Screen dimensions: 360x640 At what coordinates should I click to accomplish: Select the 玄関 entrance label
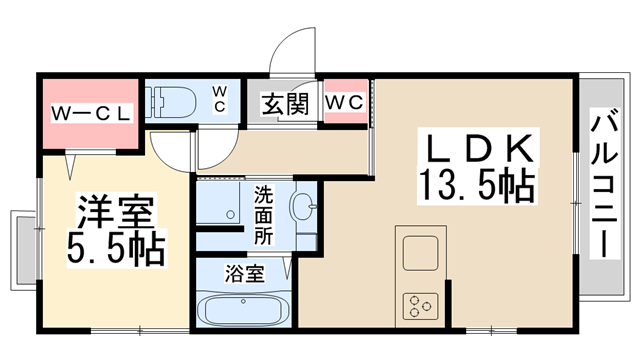pos(285,103)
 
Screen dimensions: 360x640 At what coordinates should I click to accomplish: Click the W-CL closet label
pos(92,112)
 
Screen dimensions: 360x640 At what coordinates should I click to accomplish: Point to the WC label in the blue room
pos(220,99)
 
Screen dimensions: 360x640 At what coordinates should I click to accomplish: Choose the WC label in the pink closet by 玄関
pos(346,102)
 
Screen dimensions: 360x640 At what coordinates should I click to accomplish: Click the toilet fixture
pos(171,100)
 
